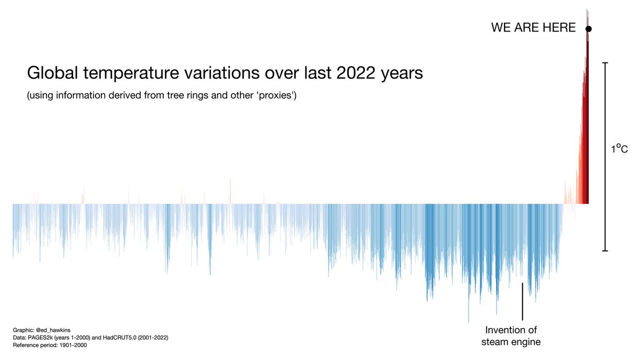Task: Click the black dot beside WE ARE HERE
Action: (588, 29)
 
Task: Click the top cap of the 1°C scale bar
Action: (605, 63)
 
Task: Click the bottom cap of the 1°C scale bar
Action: (605, 250)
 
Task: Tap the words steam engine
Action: (510, 342)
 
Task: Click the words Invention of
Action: (510, 330)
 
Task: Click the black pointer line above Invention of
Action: (523, 301)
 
